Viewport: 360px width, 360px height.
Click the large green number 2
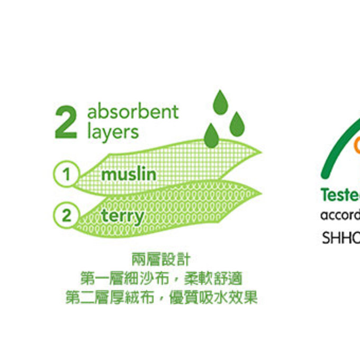click(x=66, y=123)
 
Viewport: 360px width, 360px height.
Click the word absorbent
click(x=133, y=112)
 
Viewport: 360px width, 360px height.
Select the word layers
click(x=113, y=132)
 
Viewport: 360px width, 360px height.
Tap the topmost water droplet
click(x=220, y=103)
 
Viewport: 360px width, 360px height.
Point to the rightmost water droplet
click(x=237, y=124)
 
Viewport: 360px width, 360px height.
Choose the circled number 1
click(x=66, y=174)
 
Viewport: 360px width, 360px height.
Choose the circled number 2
click(x=66, y=215)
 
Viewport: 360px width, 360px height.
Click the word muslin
click(x=129, y=174)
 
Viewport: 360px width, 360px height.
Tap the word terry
click(x=122, y=216)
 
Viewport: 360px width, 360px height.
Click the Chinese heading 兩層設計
click(x=160, y=260)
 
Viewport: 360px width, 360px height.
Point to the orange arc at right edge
click(x=357, y=144)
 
